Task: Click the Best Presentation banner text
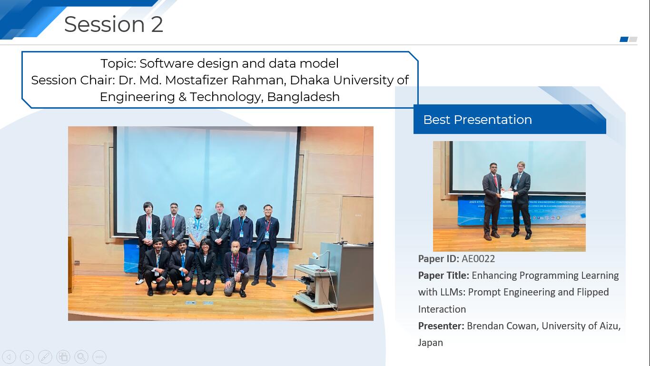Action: (x=478, y=120)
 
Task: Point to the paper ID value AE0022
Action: (x=478, y=259)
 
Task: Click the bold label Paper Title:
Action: (x=443, y=275)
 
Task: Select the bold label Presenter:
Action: (x=441, y=326)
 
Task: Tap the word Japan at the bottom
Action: (x=430, y=343)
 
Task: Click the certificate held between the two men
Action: (x=507, y=194)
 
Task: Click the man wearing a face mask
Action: (x=236, y=268)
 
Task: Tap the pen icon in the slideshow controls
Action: (x=45, y=356)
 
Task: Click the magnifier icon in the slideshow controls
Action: (x=81, y=356)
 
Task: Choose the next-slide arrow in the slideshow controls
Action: (x=27, y=356)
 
